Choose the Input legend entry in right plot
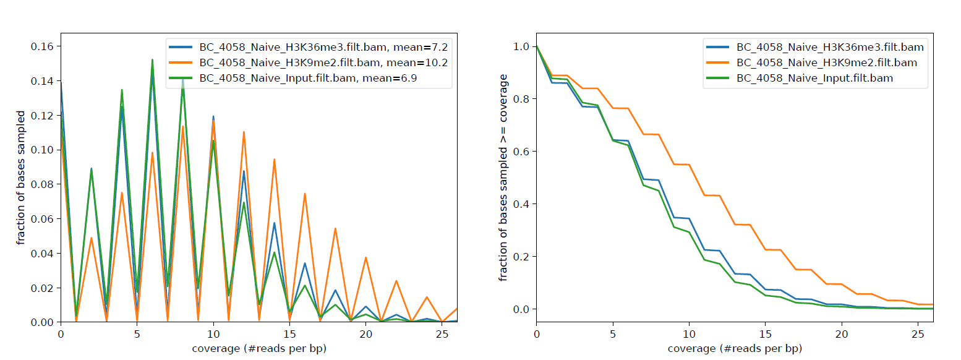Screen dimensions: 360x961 [814, 79]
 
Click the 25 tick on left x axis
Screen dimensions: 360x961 [442, 334]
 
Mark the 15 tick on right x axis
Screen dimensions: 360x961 [765, 334]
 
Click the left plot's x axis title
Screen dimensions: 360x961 [259, 348]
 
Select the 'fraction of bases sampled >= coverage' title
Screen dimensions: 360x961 [503, 178]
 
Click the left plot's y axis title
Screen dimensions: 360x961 [22, 178]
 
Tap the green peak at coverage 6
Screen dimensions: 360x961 [152, 60]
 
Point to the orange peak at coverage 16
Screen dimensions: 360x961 [305, 194]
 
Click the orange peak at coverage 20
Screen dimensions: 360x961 [365, 257]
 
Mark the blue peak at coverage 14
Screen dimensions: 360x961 [274, 223]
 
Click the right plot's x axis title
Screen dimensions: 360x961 [735, 348]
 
